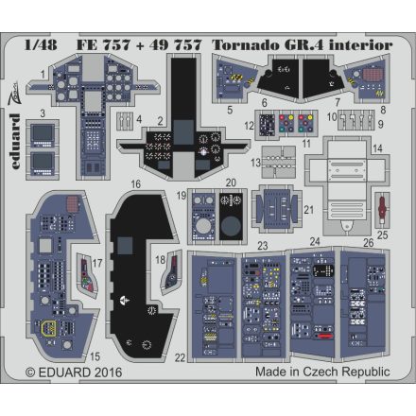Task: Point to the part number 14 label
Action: (377, 148)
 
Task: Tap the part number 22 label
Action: (180, 356)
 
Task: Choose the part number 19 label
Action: (180, 195)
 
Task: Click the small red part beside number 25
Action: (382, 212)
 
